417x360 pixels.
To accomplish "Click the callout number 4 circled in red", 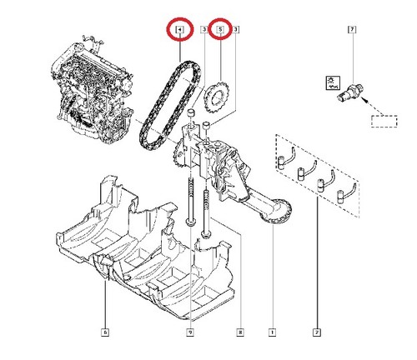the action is (x=179, y=29).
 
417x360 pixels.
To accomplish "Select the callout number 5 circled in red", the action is (x=220, y=29).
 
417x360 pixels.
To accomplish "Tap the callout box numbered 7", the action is (x=352, y=29).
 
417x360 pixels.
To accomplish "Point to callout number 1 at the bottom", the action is (x=273, y=332).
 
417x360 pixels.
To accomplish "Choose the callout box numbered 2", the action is (x=317, y=332).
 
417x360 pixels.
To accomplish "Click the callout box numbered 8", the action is (x=240, y=332).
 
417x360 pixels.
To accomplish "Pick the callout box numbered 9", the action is (x=190, y=332).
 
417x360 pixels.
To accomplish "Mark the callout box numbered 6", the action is (x=105, y=332).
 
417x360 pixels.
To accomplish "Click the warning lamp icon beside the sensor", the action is (x=333, y=83).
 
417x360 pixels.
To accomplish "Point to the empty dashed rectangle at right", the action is (x=384, y=122).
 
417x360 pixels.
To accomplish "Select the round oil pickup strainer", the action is (x=277, y=212).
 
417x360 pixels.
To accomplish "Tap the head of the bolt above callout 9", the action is (x=190, y=222).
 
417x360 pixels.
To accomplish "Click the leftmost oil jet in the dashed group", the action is (x=286, y=158).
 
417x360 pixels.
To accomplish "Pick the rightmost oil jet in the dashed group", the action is (x=346, y=193).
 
